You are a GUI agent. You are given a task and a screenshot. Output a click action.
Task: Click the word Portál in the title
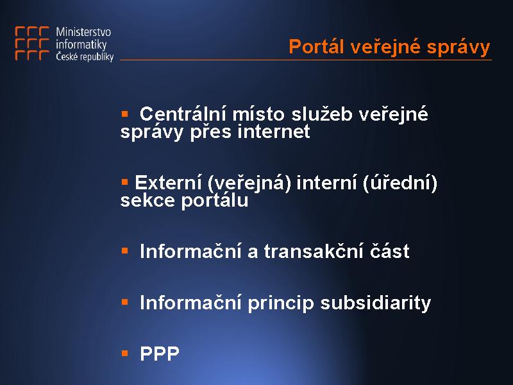tap(316, 46)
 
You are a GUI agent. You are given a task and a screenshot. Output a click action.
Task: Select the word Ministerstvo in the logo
tap(83, 31)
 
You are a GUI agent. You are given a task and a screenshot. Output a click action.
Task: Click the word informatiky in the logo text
tap(81, 44)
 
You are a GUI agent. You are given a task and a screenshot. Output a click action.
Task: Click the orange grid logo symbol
tap(32, 44)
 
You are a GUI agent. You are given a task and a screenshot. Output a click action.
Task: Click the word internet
tap(274, 132)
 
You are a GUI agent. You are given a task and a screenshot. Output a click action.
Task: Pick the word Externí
tap(168, 182)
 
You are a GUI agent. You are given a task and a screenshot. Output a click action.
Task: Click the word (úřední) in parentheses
tap(399, 182)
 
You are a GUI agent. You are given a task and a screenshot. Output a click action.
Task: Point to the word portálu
tap(215, 200)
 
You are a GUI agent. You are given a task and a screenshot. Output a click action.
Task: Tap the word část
tap(390, 251)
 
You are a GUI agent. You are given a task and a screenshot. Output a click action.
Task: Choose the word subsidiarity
tap(376, 303)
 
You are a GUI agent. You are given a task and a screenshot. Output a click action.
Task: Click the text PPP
tap(160, 354)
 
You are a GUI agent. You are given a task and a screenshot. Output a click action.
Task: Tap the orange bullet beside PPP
tap(124, 354)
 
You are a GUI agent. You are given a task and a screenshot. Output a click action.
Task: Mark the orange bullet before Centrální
tap(124, 114)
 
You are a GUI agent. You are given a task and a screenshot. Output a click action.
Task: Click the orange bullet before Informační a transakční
tap(124, 251)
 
